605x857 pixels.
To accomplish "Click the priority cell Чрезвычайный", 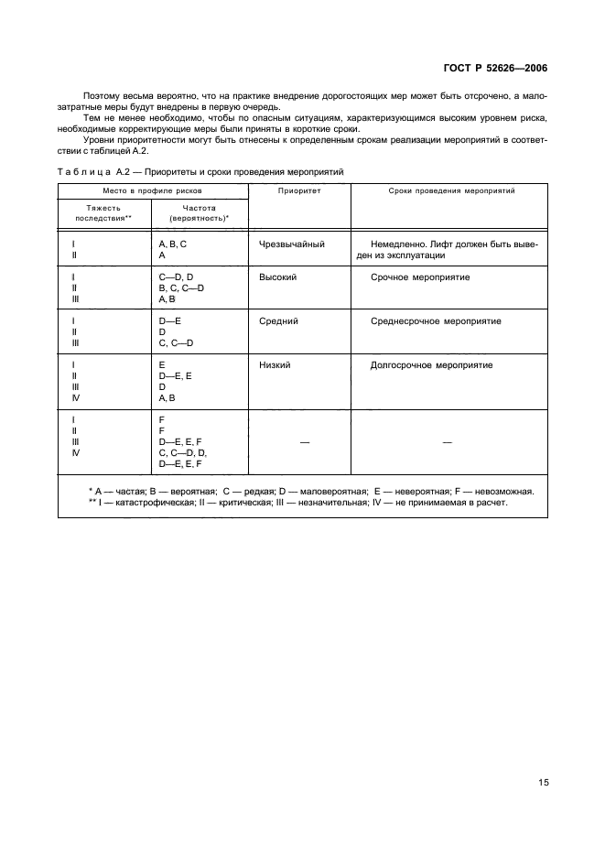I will [292, 244].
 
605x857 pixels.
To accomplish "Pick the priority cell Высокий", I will [277, 277].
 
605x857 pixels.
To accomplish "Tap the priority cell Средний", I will [278, 321].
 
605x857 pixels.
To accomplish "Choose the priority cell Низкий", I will [275, 365].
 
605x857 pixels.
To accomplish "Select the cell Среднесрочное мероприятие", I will [436, 321].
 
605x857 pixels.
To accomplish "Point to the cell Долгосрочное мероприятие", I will [431, 365].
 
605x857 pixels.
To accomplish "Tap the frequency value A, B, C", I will [172, 244].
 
